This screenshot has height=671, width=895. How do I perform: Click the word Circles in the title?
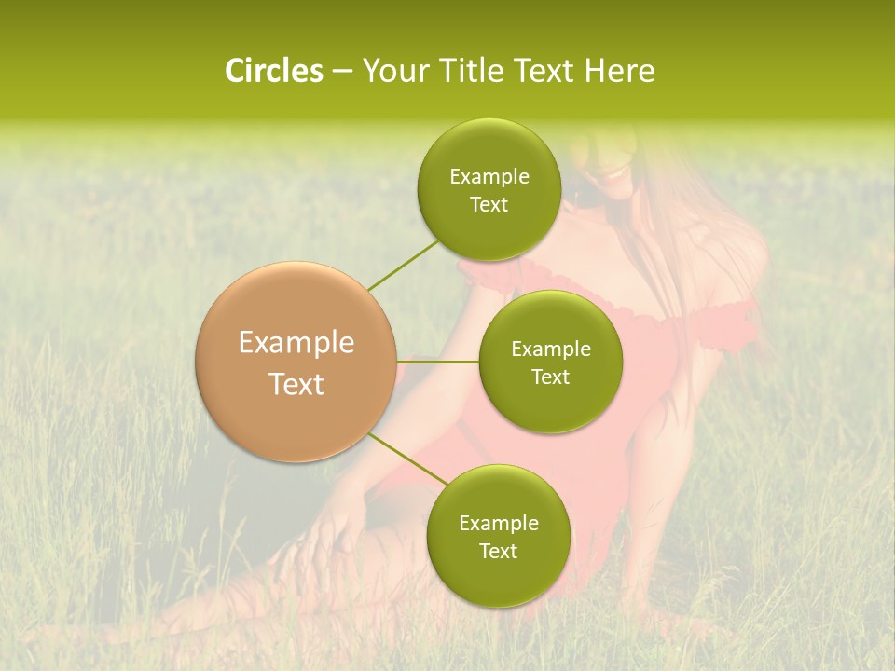(x=273, y=71)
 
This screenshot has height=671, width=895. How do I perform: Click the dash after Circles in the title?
(x=342, y=72)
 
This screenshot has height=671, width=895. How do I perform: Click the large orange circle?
(x=296, y=362)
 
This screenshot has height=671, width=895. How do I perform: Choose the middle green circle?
(x=550, y=362)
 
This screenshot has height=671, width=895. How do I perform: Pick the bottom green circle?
(x=498, y=536)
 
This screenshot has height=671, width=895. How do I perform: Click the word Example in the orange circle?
(x=296, y=342)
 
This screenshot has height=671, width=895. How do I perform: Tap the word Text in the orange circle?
(x=296, y=384)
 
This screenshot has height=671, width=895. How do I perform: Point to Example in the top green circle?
(x=489, y=176)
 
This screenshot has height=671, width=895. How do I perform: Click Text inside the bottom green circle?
(x=498, y=551)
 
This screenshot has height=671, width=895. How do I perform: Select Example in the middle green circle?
(x=550, y=349)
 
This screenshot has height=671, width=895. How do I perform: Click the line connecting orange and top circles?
(x=403, y=265)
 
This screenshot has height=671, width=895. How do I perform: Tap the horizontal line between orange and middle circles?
(x=438, y=362)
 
